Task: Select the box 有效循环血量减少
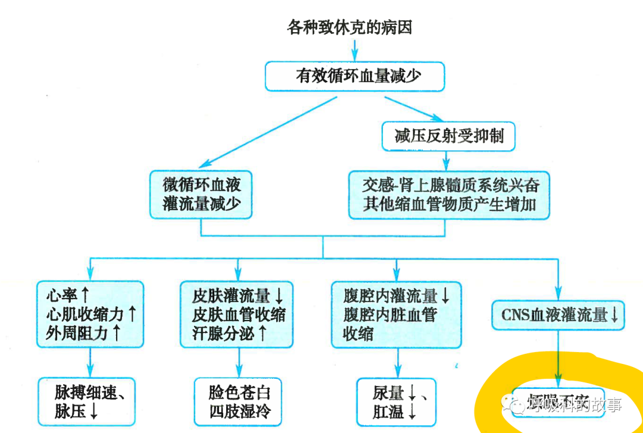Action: [354, 76]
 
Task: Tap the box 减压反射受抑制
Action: [448, 136]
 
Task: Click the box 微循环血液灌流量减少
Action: [201, 194]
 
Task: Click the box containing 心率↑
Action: [90, 314]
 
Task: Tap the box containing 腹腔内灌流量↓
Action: [396, 314]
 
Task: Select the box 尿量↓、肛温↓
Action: [395, 401]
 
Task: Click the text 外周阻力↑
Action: [83, 333]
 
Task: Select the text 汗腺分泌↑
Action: [230, 333]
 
